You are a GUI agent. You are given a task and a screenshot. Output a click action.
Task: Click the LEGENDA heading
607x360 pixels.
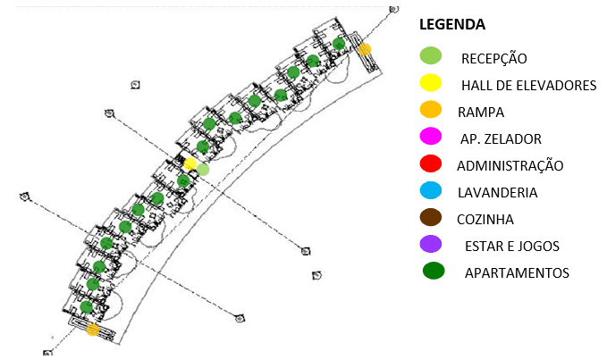pyautogui.click(x=452, y=24)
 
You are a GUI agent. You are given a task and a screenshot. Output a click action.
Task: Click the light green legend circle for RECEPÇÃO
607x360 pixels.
pyautogui.click(x=431, y=55)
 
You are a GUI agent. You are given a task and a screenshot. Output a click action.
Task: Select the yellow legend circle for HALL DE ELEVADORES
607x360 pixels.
pyautogui.click(x=431, y=82)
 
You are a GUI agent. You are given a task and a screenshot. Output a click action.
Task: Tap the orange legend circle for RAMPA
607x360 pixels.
pyautogui.click(x=431, y=110)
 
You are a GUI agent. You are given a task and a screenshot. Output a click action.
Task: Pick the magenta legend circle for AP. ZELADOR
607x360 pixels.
pyautogui.click(x=431, y=136)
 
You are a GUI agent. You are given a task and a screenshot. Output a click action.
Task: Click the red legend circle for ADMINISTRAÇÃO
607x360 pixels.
pyautogui.click(x=431, y=163)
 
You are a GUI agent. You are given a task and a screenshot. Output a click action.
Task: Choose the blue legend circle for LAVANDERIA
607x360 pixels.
pyautogui.click(x=431, y=190)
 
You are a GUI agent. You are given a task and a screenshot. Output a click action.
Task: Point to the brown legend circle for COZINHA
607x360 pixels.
pyautogui.click(x=431, y=217)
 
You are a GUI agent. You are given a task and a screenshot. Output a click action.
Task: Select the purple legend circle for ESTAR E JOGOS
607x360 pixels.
pyautogui.click(x=431, y=244)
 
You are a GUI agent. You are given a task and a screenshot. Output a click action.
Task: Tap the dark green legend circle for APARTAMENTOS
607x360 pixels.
pyautogui.click(x=434, y=271)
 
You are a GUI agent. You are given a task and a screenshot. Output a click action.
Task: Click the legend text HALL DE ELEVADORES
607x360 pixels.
pyautogui.click(x=529, y=86)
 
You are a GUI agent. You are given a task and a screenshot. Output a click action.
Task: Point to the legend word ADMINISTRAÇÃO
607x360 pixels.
pyautogui.click(x=510, y=165)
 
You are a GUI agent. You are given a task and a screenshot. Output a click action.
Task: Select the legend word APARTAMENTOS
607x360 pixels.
pyautogui.click(x=517, y=273)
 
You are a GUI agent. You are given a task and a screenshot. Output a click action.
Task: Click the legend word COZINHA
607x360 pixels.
pyautogui.click(x=485, y=220)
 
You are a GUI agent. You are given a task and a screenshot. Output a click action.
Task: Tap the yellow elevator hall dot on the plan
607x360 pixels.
pyautogui.click(x=190, y=164)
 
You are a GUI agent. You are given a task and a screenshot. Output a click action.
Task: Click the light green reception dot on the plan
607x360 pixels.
pyautogui.click(x=203, y=170)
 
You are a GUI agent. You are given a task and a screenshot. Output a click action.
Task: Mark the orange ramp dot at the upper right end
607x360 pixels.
pyautogui.click(x=364, y=49)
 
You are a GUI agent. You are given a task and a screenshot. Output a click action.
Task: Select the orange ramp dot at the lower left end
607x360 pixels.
pyautogui.click(x=92, y=330)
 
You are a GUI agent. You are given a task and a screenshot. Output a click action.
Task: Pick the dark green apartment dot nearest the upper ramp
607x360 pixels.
pyautogui.click(x=339, y=44)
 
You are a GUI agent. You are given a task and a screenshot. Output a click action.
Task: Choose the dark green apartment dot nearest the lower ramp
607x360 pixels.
pyautogui.click(x=87, y=307)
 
